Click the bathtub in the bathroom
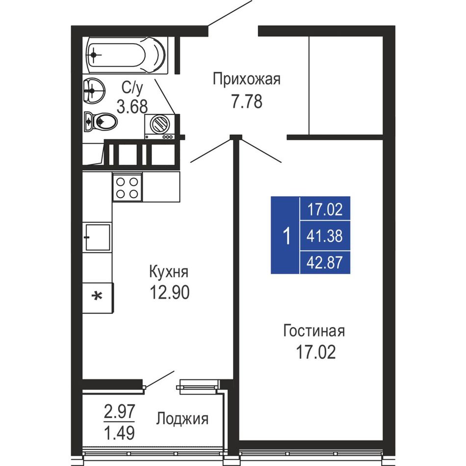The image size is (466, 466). pos(126,55)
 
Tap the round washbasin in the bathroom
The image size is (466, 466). pos(94,90)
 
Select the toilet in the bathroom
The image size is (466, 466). pos(100,121)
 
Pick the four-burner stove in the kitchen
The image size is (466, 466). pos(127,187)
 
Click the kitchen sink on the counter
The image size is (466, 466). pos(97,237)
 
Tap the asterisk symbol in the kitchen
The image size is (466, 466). pos(97,296)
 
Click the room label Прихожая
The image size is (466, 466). pos(246,79)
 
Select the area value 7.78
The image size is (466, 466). pos(247,102)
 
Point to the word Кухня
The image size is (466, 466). pos(169,271)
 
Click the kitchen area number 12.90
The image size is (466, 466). pos(169,292)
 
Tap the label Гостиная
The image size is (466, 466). pos(314,331)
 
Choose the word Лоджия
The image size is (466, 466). pos(182,419)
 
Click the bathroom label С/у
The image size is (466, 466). pos(132,88)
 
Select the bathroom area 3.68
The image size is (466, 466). pos(132,106)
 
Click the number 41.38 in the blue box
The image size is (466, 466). pos(325,236)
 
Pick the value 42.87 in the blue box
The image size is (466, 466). pos(325,262)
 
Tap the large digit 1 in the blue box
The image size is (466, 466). pos(286,235)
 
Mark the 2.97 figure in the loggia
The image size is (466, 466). pos(119,412)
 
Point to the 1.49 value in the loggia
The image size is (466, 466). pos(119,433)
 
